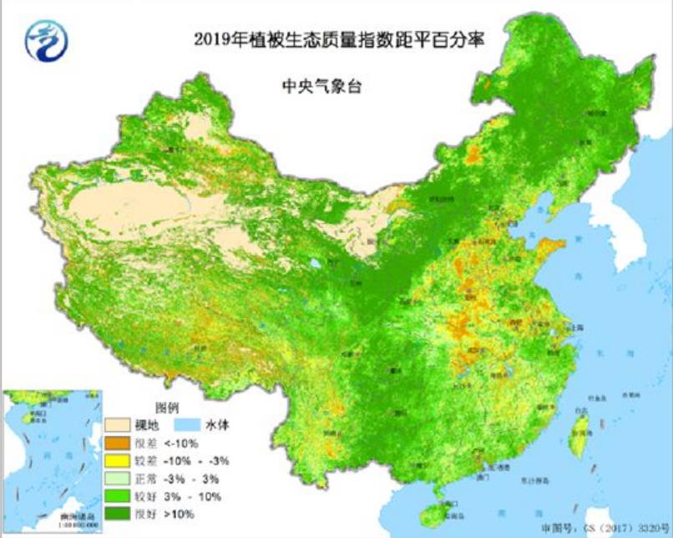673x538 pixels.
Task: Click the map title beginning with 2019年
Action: coord(339,40)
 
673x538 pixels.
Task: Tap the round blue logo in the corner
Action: coord(47,42)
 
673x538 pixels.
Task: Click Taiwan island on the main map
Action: coord(578,435)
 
